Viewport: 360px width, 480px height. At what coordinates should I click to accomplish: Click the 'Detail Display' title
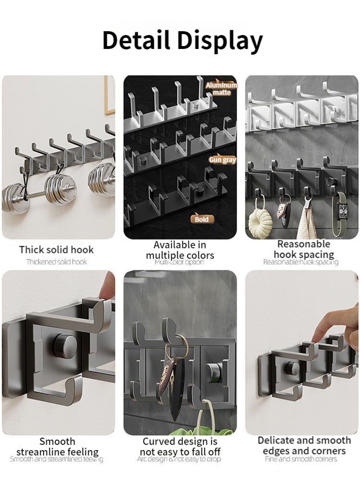point(182,40)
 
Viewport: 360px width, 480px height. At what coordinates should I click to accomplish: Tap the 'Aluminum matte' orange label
point(221,88)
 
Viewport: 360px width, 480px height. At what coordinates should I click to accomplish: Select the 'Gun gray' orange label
point(222,160)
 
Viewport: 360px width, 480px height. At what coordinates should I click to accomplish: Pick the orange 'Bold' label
point(202,219)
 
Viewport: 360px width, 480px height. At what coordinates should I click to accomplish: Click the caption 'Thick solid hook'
point(57,250)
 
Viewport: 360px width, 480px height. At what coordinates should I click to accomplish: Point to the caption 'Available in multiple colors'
point(180,250)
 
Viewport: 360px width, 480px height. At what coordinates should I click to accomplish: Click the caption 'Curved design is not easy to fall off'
point(180,446)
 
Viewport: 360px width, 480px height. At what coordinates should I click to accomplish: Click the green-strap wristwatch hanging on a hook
point(341,211)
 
